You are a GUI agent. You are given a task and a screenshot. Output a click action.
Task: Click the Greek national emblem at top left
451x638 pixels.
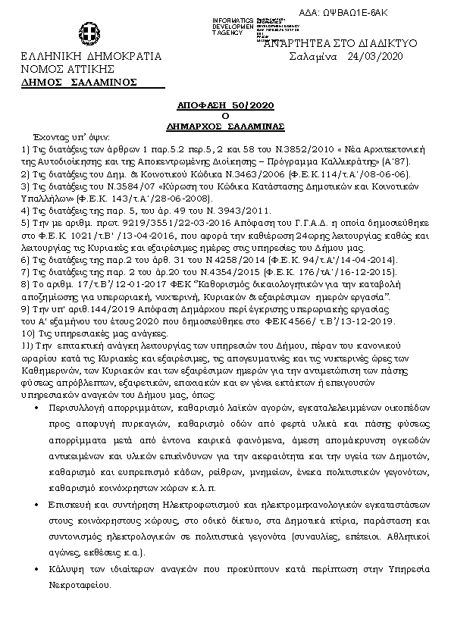[x=88, y=35]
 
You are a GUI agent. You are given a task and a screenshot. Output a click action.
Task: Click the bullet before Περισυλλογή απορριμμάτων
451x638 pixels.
[x=39, y=408]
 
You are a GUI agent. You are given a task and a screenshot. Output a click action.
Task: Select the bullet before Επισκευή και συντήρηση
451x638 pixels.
[x=39, y=504]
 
